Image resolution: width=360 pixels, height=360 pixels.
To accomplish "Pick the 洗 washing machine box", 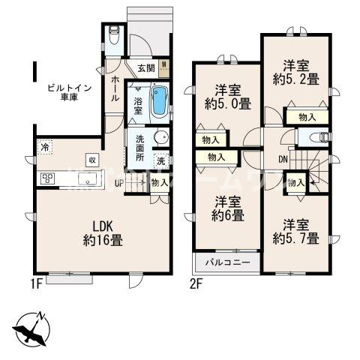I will (x=161, y=160).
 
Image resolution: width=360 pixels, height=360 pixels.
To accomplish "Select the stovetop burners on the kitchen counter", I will (x=49, y=178).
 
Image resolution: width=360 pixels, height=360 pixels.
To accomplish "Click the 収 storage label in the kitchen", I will (x=91, y=159).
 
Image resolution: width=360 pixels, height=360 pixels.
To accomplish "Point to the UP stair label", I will (x=119, y=181).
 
